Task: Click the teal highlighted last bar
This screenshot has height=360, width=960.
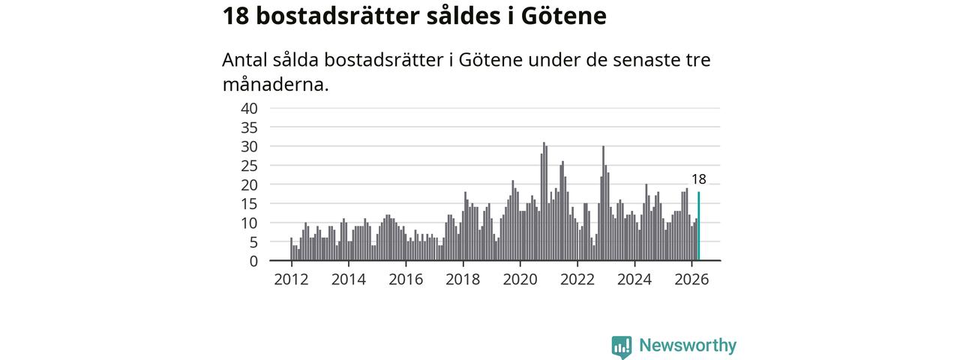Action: [x=698, y=226]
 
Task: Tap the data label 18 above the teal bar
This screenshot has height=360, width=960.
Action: [x=698, y=179]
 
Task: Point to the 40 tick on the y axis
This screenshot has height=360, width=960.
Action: [x=250, y=109]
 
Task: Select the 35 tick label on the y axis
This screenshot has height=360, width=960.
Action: [x=250, y=127]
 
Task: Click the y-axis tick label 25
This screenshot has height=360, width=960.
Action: [x=250, y=166]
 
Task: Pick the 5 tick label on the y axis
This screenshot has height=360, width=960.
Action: [x=253, y=242]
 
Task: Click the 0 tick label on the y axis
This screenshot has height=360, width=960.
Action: [x=253, y=261]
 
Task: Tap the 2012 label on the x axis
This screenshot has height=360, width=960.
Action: [x=292, y=280]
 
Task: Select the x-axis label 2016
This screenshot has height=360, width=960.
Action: [x=406, y=280]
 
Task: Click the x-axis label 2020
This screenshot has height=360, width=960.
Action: [x=520, y=280]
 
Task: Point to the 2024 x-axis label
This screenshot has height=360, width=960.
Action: [x=634, y=280]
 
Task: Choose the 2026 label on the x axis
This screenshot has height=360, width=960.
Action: [x=691, y=280]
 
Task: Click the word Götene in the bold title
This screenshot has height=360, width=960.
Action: [x=563, y=16]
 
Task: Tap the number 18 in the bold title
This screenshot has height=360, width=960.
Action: [x=235, y=16]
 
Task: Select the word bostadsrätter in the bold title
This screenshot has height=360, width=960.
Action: [x=337, y=16]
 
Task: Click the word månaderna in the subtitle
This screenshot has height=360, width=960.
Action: [x=275, y=85]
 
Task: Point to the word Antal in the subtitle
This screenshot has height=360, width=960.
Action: [x=244, y=59]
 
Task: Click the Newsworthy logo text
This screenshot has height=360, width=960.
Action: [x=688, y=346]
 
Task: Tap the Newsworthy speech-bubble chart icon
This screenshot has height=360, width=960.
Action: [x=622, y=346]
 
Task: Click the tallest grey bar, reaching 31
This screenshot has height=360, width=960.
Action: [x=544, y=202]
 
